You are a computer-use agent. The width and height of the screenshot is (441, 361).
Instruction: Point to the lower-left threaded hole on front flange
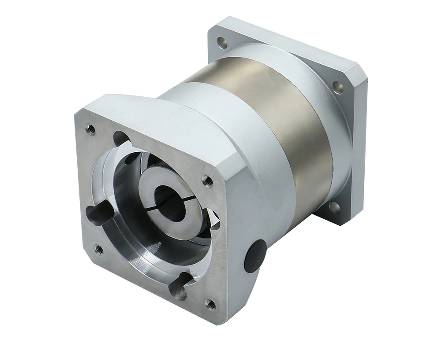(x=99, y=249)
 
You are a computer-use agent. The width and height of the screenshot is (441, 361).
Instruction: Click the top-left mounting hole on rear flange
(x=223, y=43)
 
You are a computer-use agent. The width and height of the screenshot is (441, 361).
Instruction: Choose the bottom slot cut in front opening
(x=180, y=284)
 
